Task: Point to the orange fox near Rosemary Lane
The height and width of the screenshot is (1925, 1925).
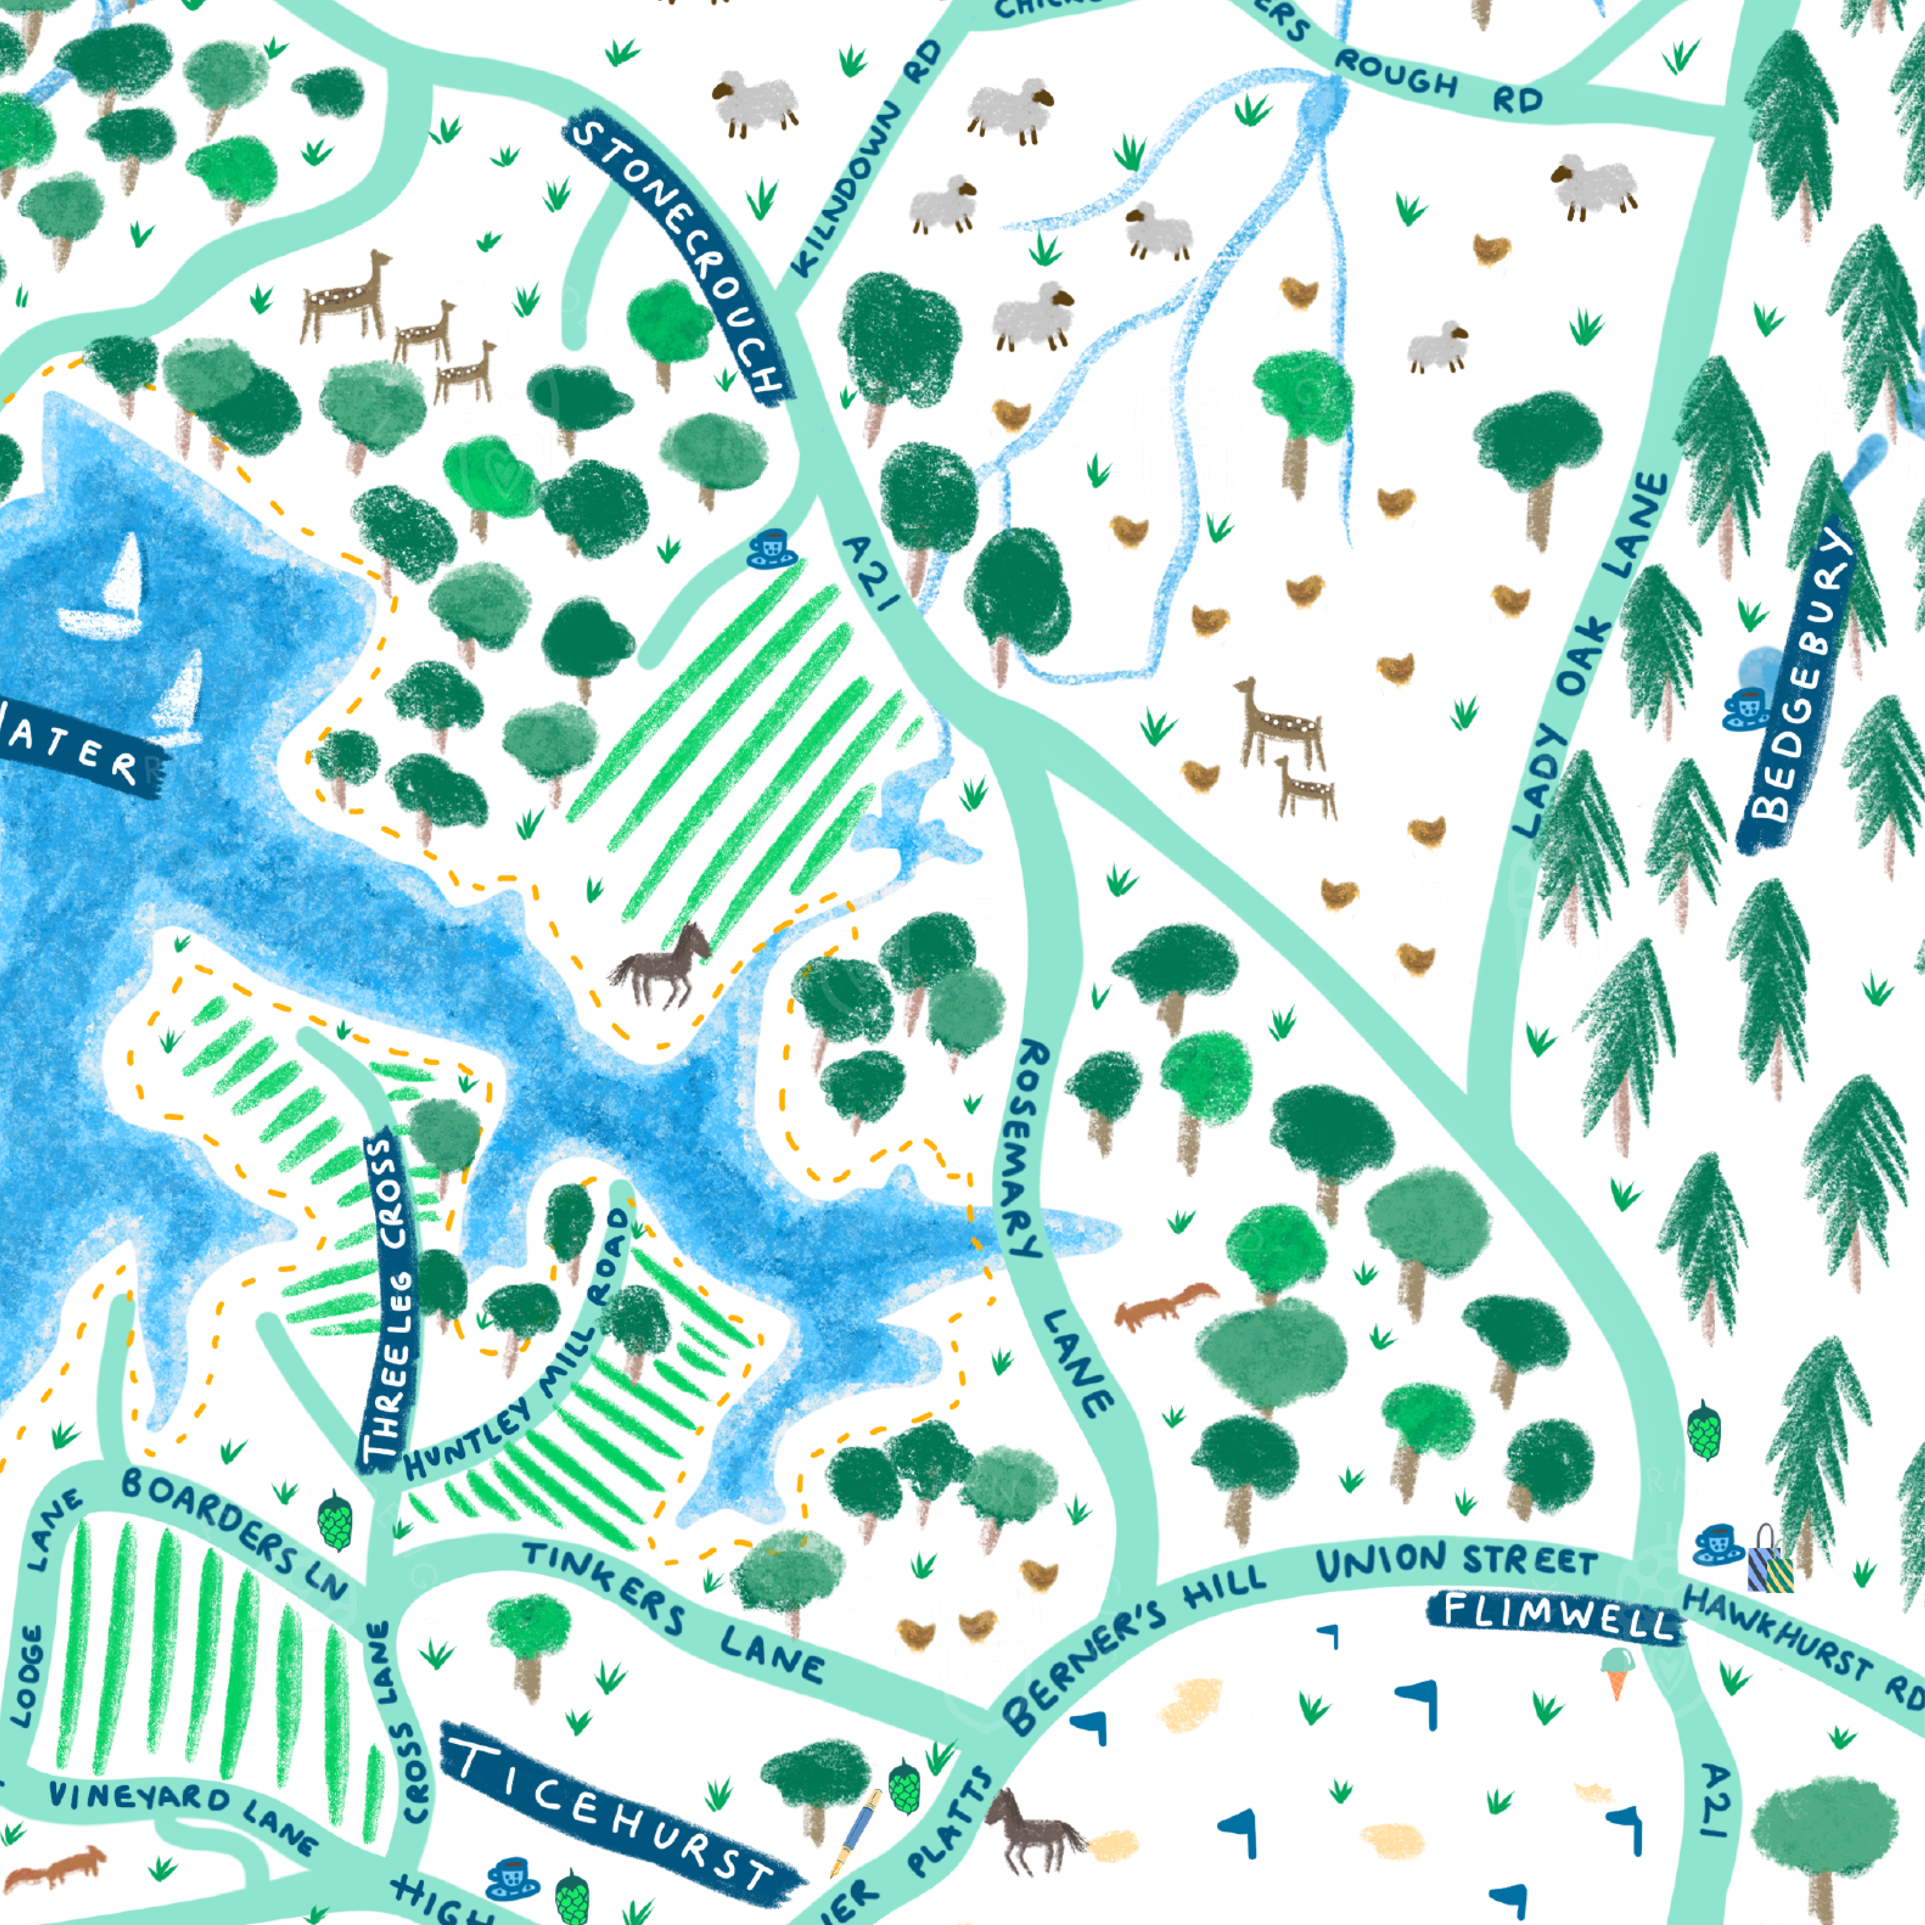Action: (x=1164, y=1305)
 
